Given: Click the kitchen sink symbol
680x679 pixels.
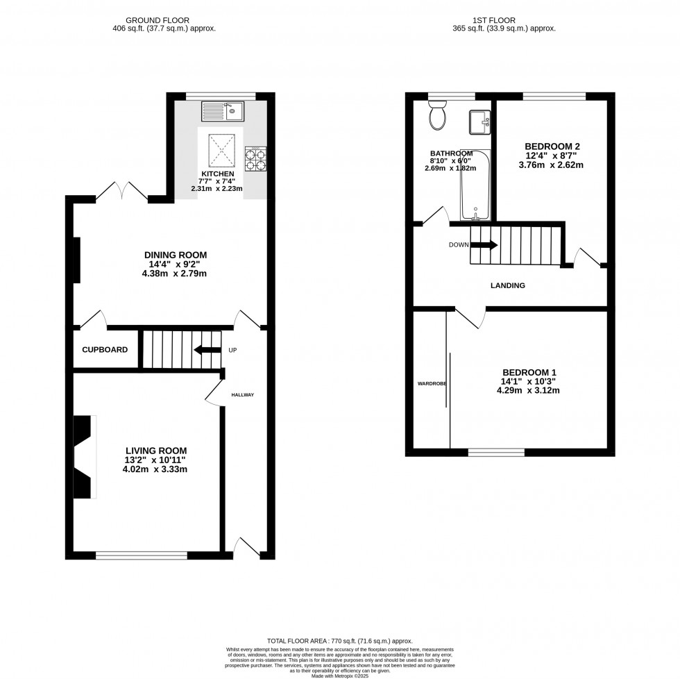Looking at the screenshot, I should pos(221,110).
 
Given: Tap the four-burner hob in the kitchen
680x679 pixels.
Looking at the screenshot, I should pos(255,158).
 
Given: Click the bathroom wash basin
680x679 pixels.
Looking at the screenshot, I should pos(479,123).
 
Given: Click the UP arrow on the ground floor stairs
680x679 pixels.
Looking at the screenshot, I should pos(207,350).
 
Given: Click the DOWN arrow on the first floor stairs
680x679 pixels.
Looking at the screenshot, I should pos(484,244).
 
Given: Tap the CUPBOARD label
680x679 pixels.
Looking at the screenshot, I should pos(105,350).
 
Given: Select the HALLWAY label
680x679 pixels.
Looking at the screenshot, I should pos(243,395).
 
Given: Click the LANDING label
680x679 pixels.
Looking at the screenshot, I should pos(507,285).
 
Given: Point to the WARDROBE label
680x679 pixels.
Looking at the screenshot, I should pos(432,383).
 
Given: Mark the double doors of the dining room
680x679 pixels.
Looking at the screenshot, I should pos(122,192).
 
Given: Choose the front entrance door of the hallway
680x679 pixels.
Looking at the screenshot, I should pos(246,548).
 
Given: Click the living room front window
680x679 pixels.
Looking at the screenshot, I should pos(141,555).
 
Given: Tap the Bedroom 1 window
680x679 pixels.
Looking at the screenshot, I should pos(495,453).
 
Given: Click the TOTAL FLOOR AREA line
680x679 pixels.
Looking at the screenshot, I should pos(339,641).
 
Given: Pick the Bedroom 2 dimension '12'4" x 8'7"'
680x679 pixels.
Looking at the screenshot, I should pos(552,156).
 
